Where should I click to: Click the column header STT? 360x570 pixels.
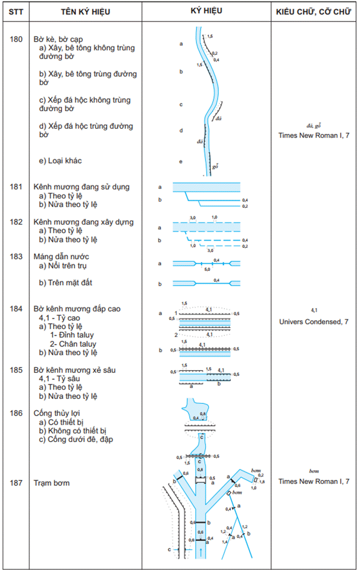16,11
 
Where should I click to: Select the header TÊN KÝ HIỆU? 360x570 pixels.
85,11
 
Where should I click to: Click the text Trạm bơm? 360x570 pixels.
51,483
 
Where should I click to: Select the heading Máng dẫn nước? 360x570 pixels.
61,257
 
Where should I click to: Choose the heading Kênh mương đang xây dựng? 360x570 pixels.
83,222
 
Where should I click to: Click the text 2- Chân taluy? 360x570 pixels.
73,344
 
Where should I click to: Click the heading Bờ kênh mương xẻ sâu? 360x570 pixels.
78,370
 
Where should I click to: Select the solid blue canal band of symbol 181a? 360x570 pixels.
206,187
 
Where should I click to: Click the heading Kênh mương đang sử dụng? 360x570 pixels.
81,187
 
